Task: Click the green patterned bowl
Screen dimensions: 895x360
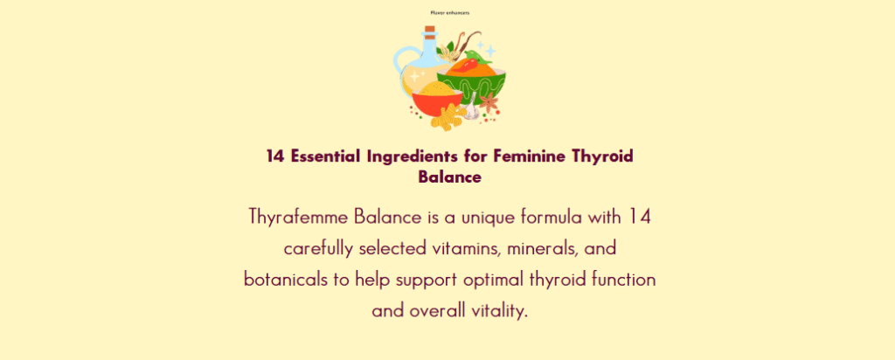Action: tap(473, 86)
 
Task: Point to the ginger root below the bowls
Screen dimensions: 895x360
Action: tap(446, 118)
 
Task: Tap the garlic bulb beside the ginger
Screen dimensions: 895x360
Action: tap(471, 111)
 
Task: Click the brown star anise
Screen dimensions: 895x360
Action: tap(488, 103)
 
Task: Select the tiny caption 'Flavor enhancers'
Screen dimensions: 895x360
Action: tap(450, 12)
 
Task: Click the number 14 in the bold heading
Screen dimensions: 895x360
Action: tap(275, 156)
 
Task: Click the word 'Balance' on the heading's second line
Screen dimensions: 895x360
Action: tap(450, 177)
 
